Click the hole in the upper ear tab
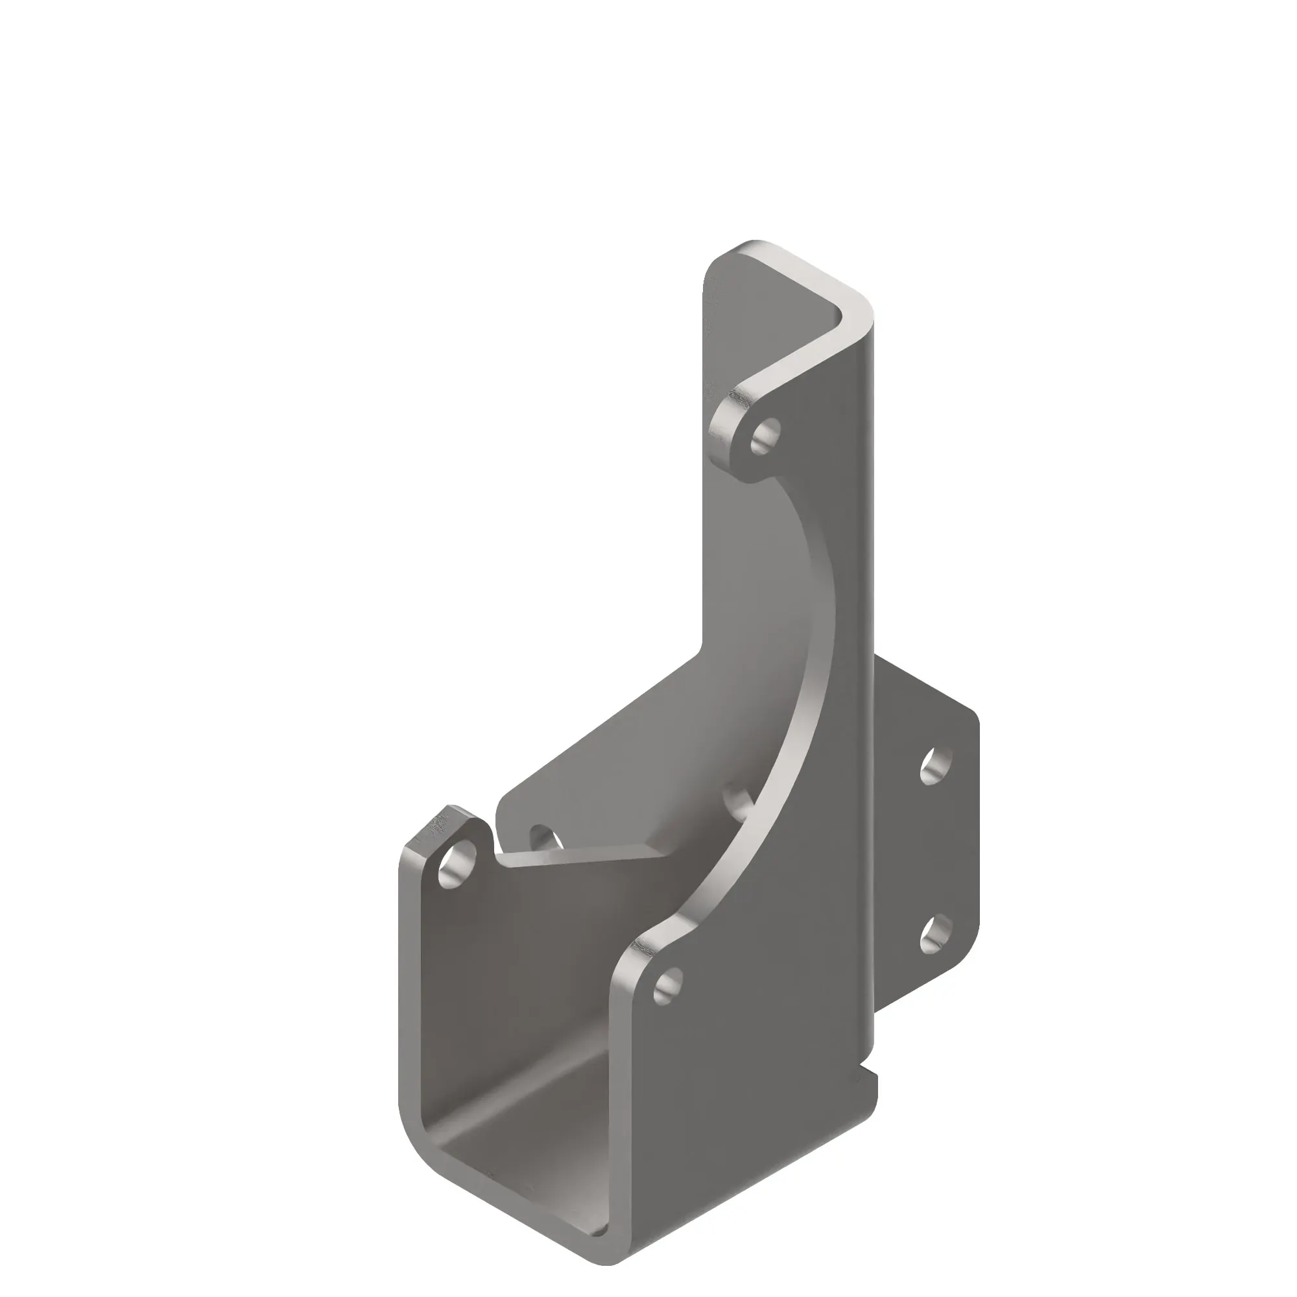pyautogui.click(x=766, y=436)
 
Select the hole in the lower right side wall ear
pyautogui.click(x=669, y=986)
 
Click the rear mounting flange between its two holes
pyautogui.click(x=936, y=850)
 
